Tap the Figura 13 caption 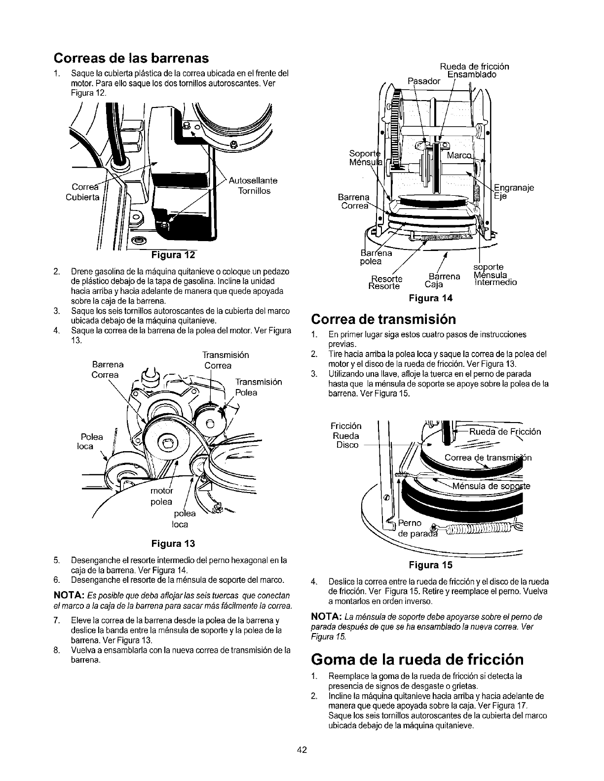click(x=173, y=544)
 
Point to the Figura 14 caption click(x=431, y=298)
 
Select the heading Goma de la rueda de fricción click(x=417, y=659)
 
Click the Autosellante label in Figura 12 click(x=253, y=180)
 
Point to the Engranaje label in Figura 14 click(x=514, y=187)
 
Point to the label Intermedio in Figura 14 click(x=495, y=283)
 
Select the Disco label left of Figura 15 click(x=347, y=445)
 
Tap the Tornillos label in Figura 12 click(x=254, y=191)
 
